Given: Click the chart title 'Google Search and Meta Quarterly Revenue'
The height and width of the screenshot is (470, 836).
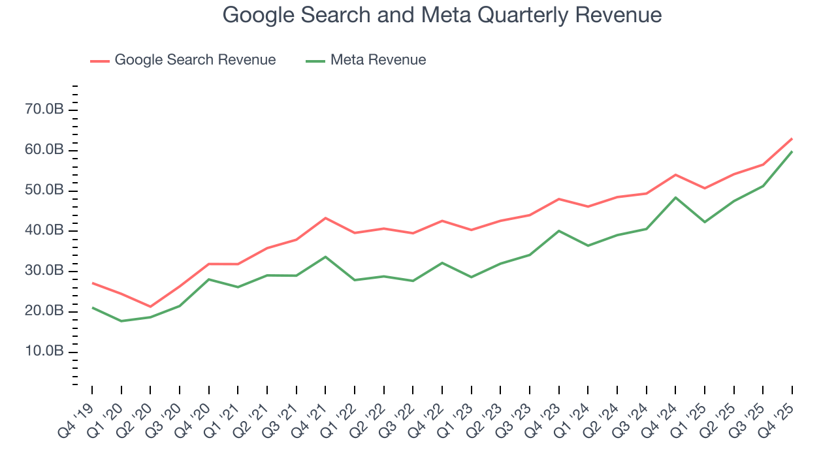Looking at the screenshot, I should (442, 14).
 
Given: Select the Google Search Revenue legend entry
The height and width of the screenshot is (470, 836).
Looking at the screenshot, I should (195, 60).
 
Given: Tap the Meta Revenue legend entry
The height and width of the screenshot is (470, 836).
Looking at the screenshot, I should (378, 60).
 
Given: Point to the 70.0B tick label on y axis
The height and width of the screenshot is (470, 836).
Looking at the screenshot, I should (44, 110).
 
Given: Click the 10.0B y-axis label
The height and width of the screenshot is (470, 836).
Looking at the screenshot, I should (44, 352).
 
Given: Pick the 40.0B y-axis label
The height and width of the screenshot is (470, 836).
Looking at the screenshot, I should (44, 230).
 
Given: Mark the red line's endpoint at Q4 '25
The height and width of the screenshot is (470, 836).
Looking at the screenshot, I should (792, 138).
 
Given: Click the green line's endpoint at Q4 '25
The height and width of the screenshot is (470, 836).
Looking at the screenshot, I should (792, 151).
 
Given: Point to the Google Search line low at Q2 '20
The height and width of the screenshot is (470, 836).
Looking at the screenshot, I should (150, 307).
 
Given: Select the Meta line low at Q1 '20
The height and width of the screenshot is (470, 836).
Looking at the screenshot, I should (121, 321).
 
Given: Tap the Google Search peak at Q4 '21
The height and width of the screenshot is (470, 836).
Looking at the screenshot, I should (325, 218).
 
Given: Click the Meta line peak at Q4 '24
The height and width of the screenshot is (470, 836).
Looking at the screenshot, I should (675, 197).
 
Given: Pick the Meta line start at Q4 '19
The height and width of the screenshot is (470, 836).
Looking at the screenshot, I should (92, 307).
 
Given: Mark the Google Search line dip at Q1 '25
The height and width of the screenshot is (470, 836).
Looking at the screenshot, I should (705, 188).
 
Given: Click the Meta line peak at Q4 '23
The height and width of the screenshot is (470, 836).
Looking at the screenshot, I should (559, 230).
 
